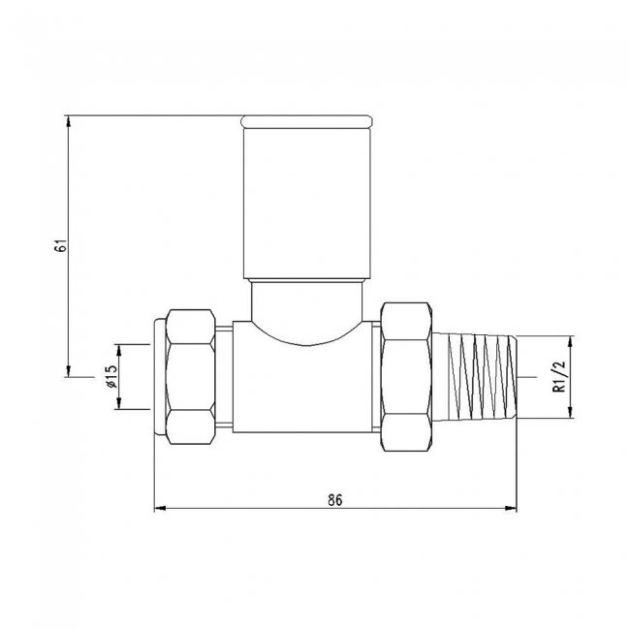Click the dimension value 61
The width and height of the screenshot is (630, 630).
click(x=60, y=245)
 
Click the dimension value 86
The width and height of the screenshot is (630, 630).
click(x=335, y=500)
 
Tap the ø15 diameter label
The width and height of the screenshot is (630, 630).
click(x=111, y=376)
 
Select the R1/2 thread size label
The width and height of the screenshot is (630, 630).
click(x=558, y=377)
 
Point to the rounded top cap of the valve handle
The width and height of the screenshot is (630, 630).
click(x=305, y=121)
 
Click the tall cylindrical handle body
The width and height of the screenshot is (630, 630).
click(x=305, y=204)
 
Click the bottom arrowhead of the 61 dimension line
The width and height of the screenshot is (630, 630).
click(x=69, y=371)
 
